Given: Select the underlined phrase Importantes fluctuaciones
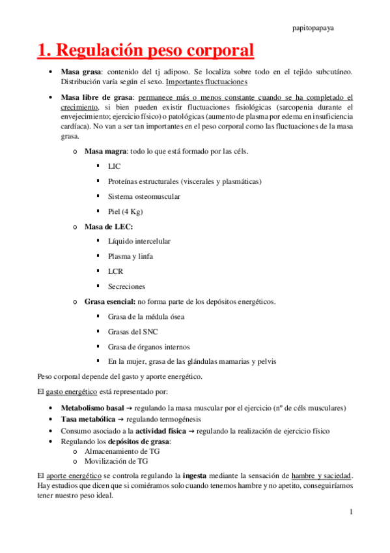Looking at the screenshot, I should point(206,82).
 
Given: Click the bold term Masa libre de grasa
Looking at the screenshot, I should point(95,97).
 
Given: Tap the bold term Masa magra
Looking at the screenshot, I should point(105,151).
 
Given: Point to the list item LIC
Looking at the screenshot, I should point(114,166).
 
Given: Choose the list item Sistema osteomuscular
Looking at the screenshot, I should point(144,196).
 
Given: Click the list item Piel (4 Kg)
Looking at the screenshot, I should point(125,211).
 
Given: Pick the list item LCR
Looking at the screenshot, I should point(115,271).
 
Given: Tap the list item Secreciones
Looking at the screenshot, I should point(126,286).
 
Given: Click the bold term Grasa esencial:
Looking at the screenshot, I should point(110,301).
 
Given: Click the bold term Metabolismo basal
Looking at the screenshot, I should point(92,408).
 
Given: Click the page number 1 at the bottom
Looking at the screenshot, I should point(350,512).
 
